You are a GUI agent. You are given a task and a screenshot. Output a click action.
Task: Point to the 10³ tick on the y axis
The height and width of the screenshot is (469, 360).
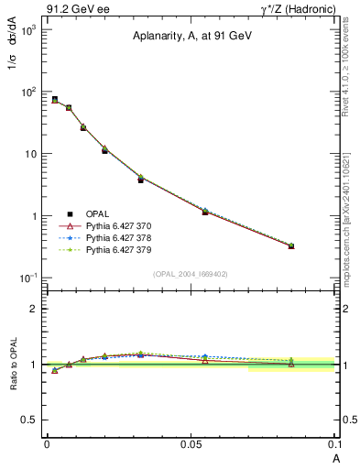[28, 30]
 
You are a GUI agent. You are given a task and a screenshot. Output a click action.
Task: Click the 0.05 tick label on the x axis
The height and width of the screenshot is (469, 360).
[191, 443]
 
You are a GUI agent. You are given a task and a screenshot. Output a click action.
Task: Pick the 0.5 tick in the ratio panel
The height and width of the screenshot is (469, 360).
[32, 420]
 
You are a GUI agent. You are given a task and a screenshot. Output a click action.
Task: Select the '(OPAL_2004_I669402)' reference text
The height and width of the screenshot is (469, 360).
[190, 273]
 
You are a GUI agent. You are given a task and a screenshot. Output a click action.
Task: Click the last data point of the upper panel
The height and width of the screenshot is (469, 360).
[291, 245]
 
